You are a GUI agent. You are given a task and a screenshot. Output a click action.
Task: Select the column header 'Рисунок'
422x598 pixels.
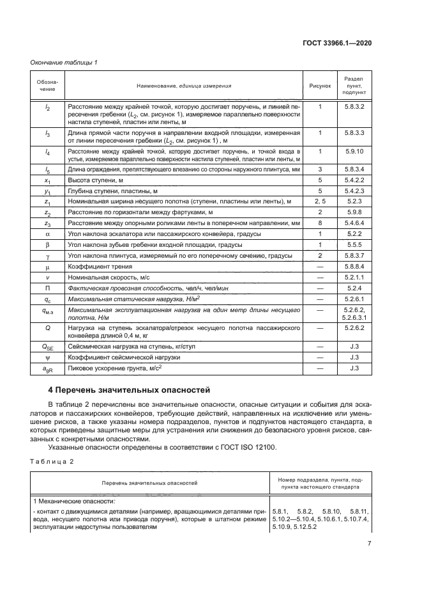pos(320,85)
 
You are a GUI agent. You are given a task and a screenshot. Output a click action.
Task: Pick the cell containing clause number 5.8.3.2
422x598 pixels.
pos(354,106)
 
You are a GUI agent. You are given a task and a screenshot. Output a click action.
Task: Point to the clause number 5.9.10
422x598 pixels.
pos(354,151)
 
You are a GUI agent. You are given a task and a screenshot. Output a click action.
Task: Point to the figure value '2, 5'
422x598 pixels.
pos(320,201)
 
